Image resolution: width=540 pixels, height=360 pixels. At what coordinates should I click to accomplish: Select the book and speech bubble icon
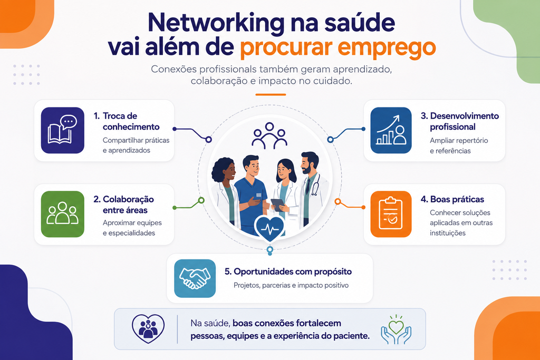[x=63, y=130]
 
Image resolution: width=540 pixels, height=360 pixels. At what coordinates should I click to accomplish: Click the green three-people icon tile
[x=63, y=214]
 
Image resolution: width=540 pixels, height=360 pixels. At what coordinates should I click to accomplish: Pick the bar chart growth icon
[x=391, y=130]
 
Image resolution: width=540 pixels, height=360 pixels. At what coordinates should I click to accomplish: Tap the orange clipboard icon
[x=391, y=214]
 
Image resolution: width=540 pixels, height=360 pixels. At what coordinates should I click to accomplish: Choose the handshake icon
[x=195, y=278]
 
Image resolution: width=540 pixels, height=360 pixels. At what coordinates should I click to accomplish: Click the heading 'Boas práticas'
[x=457, y=199]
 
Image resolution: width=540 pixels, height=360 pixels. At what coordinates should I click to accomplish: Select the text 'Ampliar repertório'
[x=459, y=140]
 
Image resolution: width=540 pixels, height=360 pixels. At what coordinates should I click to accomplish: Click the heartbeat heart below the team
[x=269, y=228]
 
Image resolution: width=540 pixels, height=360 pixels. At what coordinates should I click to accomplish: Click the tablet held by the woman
[x=277, y=205]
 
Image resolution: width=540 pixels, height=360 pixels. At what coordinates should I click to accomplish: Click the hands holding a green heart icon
[x=396, y=329]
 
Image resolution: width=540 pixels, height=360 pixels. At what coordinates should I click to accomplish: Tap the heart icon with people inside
[x=148, y=329]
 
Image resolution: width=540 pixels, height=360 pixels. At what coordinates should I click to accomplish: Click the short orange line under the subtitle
[x=271, y=95]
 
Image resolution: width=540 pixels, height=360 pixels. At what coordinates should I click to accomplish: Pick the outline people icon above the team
[x=269, y=135]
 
